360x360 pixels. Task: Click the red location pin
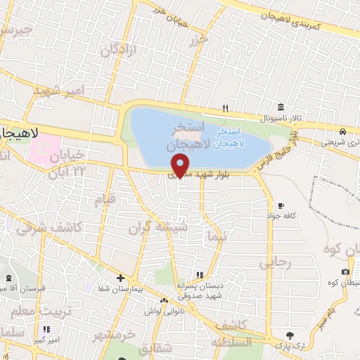(181, 165)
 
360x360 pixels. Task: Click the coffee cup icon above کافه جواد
(281, 205)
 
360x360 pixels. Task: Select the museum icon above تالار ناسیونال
(281, 107)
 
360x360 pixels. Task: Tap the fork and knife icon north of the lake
(225, 108)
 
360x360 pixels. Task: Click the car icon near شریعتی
(341, 131)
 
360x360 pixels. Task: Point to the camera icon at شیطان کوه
(345, 272)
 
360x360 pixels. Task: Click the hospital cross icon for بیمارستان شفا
(121, 278)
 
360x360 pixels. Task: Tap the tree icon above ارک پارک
(289, 335)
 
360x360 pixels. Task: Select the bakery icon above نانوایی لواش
(163, 301)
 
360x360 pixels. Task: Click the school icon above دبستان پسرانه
(200, 275)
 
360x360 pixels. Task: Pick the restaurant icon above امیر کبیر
(47, 329)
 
